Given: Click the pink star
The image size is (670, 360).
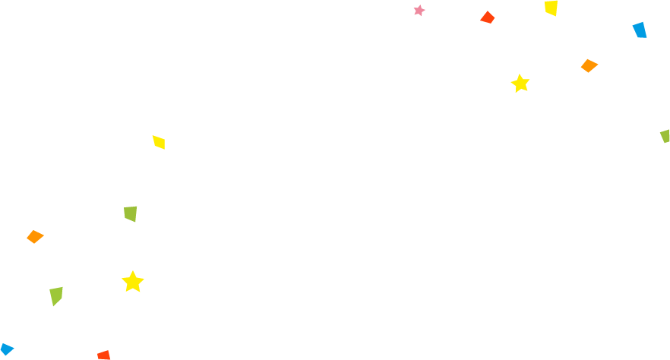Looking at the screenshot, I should [x=419, y=11].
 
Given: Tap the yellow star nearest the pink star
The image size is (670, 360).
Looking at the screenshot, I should [x=520, y=84].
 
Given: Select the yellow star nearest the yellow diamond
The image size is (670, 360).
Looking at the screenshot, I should [x=132, y=282].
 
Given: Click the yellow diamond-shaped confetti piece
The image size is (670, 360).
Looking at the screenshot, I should [x=159, y=142].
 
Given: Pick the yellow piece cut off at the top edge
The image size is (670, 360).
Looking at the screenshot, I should [x=551, y=8].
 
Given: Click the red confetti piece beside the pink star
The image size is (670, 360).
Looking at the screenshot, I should [x=488, y=17].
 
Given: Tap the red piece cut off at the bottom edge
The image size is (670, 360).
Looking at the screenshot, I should [x=104, y=355].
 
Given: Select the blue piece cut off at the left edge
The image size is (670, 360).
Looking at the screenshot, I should [x=6, y=349].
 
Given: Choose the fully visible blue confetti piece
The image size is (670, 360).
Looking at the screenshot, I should [x=640, y=30].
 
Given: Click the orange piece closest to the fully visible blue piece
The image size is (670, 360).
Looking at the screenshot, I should [x=589, y=66].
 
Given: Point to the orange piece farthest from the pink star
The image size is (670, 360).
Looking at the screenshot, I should [x=35, y=237].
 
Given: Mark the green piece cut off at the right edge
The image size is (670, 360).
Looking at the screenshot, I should [x=665, y=136].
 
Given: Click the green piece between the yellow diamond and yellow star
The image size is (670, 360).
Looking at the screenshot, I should [x=131, y=213].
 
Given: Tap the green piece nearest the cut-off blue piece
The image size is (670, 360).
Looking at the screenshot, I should [x=56, y=295].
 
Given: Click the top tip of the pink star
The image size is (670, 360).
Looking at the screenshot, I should [x=418, y=5].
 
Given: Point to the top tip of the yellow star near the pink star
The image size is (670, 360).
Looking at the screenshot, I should [x=520, y=74].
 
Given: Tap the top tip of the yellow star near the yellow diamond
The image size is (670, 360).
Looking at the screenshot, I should [x=133, y=270].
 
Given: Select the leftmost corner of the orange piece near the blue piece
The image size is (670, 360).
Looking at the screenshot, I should [x=580, y=67].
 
